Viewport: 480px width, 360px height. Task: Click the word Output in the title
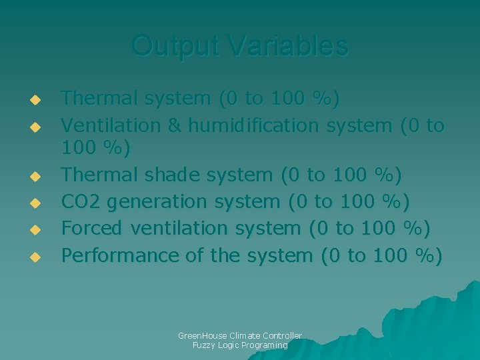click(177, 46)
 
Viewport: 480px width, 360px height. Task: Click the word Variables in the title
click(287, 46)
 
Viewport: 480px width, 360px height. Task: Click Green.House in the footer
click(201, 335)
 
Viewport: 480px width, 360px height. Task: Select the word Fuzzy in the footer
click(203, 345)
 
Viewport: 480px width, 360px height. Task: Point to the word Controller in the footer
click(282, 335)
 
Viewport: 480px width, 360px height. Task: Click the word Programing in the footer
click(265, 345)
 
